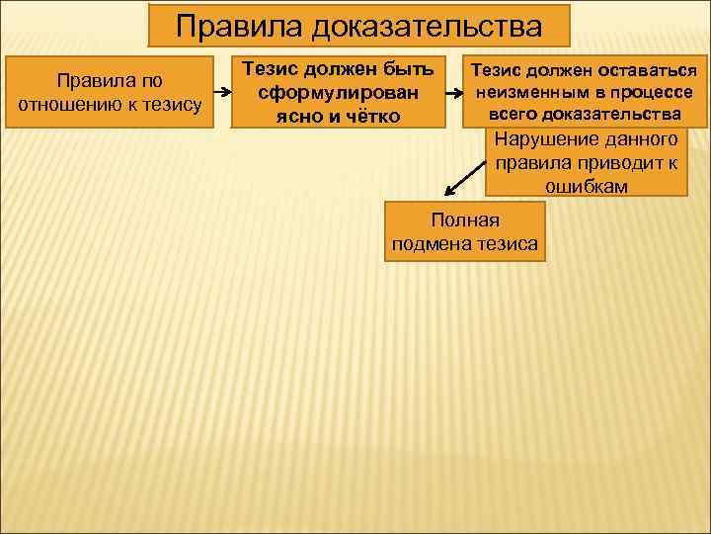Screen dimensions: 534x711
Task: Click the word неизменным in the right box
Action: coord(523,92)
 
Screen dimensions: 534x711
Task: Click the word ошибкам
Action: coord(586,185)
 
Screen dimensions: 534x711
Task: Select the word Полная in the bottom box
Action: coord(466,220)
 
